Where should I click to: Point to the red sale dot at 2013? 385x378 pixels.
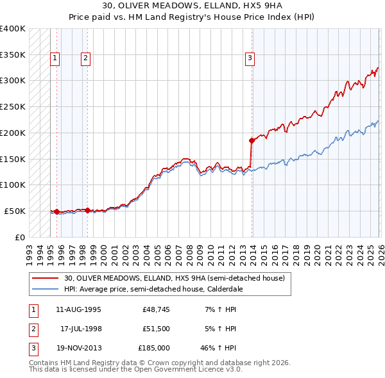coord(251,140)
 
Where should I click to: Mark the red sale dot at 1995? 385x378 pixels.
coord(56,211)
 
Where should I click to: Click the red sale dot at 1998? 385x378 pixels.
coord(87,210)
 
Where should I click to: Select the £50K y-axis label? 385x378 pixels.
coord(15,211)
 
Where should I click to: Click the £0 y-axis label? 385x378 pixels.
coord(20,237)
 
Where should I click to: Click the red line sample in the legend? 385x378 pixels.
coord(46,278)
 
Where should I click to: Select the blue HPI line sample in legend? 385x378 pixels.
coord(46,289)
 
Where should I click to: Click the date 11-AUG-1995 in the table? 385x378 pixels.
coord(79,309)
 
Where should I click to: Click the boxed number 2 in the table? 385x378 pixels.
coord(32,329)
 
